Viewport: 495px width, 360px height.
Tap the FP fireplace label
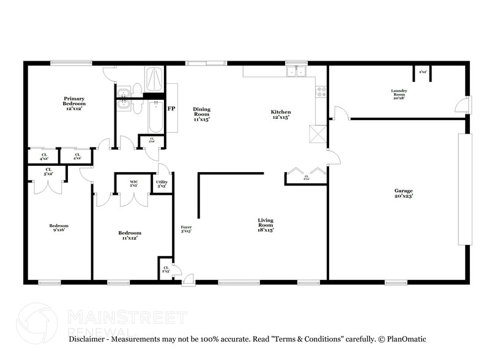(x=172, y=108)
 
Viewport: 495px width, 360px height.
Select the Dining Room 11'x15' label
(x=201, y=114)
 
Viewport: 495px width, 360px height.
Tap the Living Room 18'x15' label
(x=265, y=225)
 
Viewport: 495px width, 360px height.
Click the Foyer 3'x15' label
(x=186, y=230)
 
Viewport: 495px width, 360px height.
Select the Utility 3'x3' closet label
(x=162, y=184)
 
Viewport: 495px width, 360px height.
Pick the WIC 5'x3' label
(x=134, y=184)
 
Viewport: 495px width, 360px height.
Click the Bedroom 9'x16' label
(x=59, y=228)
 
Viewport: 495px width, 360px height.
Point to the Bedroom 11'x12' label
(x=129, y=235)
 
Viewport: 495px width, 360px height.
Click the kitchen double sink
(x=297, y=72)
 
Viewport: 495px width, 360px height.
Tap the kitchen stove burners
(x=321, y=92)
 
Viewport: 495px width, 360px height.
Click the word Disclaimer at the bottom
(x=89, y=339)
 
